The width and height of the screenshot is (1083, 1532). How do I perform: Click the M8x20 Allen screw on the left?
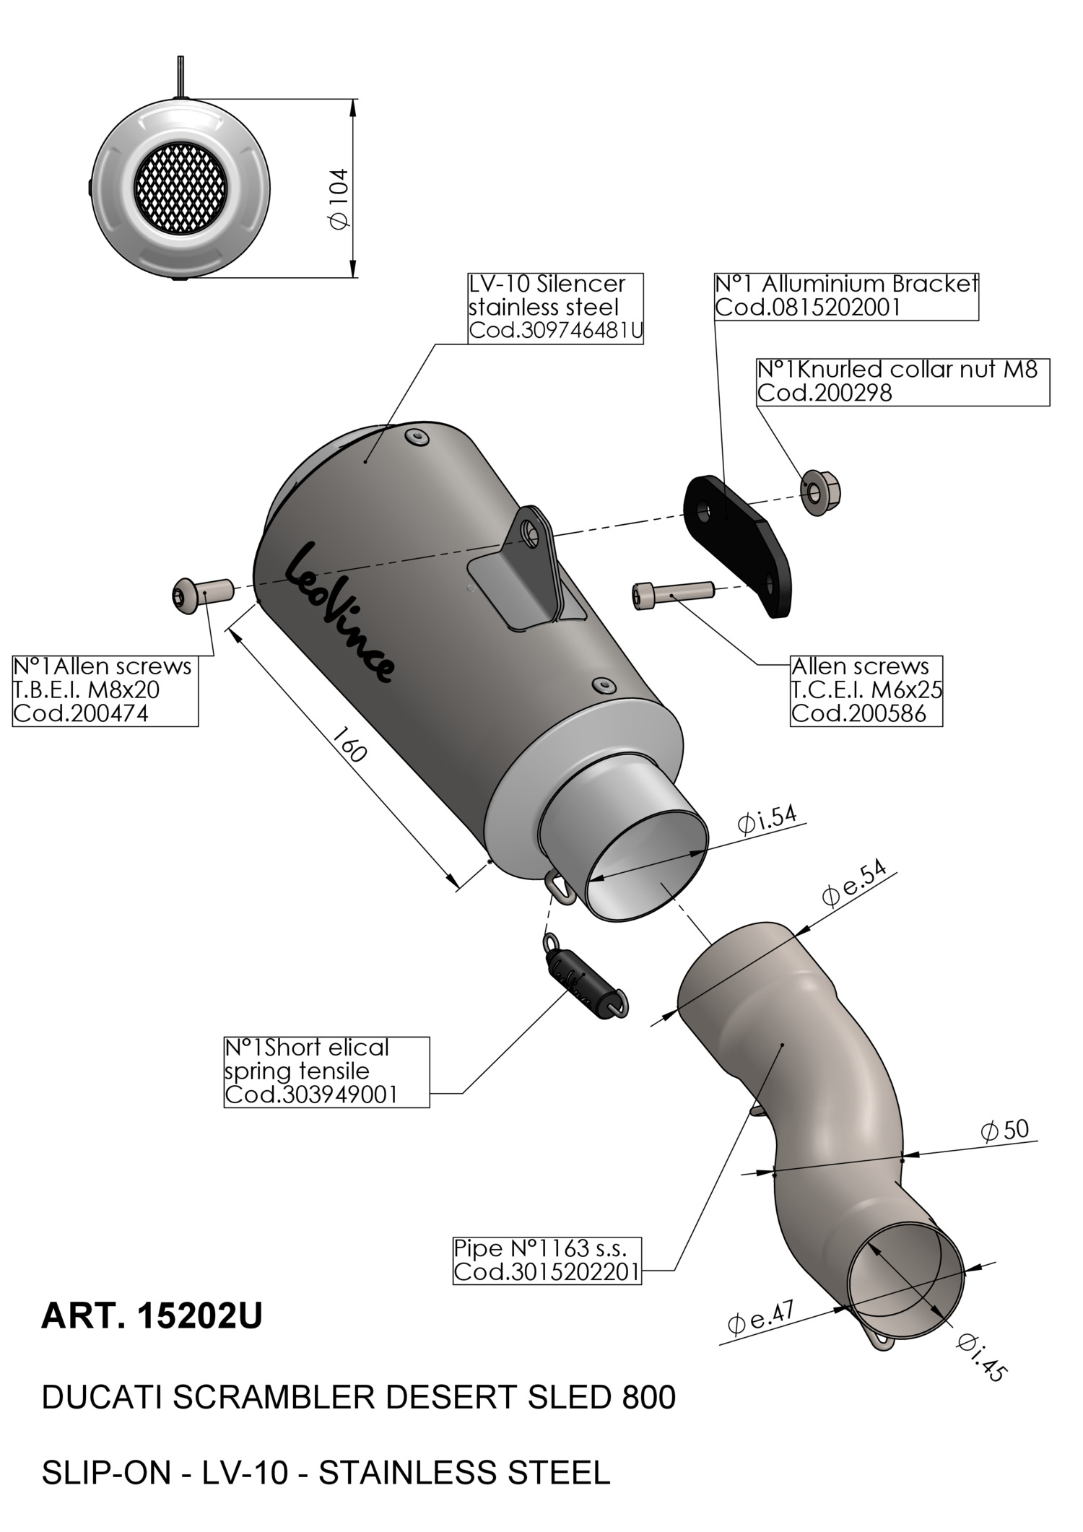(203, 593)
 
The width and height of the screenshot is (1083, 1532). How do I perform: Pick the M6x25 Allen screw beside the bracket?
(673, 594)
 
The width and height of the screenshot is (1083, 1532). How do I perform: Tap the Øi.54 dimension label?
(766, 819)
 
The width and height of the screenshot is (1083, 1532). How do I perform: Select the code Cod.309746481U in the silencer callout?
(555, 331)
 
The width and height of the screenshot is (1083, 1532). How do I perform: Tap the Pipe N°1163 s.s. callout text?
(540, 1248)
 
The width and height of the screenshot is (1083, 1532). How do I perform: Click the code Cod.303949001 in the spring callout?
(311, 1094)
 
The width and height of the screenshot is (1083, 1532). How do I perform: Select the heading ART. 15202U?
(152, 1316)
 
